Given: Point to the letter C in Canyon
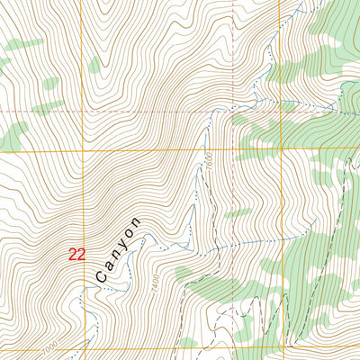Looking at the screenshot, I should tap(101, 279).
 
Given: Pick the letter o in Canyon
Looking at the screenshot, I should tap(130, 233).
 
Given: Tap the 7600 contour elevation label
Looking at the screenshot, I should tap(206, 161).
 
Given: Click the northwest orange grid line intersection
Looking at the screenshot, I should tap(84, 150).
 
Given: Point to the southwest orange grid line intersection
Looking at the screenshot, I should tap(84, 349).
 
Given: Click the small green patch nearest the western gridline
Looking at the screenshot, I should tap(94, 64).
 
